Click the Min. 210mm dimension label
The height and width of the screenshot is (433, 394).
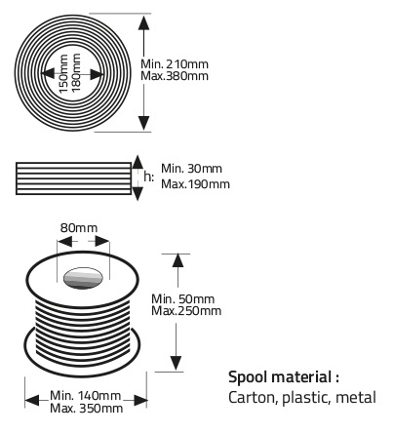point(175,63)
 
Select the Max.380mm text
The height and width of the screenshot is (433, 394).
point(175,76)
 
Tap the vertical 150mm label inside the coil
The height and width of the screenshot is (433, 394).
point(63,73)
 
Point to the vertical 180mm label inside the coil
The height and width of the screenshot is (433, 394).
point(76,72)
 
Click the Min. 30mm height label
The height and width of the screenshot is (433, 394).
point(192,169)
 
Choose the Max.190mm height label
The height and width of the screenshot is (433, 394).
point(195,184)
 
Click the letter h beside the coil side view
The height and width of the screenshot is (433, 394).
point(147,177)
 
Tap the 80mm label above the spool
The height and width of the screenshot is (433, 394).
point(79,228)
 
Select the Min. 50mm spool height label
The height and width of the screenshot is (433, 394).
point(183,299)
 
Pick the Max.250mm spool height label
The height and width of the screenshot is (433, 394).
point(186,311)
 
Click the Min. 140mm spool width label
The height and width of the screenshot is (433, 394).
point(86,396)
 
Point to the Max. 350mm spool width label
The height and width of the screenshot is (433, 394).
point(87,408)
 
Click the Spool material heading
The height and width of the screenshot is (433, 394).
point(284,377)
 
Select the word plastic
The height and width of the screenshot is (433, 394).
point(306,398)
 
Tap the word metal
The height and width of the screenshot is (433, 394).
point(356,397)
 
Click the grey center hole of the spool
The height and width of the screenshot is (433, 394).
point(83,278)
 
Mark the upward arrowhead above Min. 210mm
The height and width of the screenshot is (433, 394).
point(143,22)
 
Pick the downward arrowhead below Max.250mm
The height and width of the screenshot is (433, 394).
point(176,363)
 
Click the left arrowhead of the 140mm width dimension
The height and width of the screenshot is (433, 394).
point(32,400)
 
